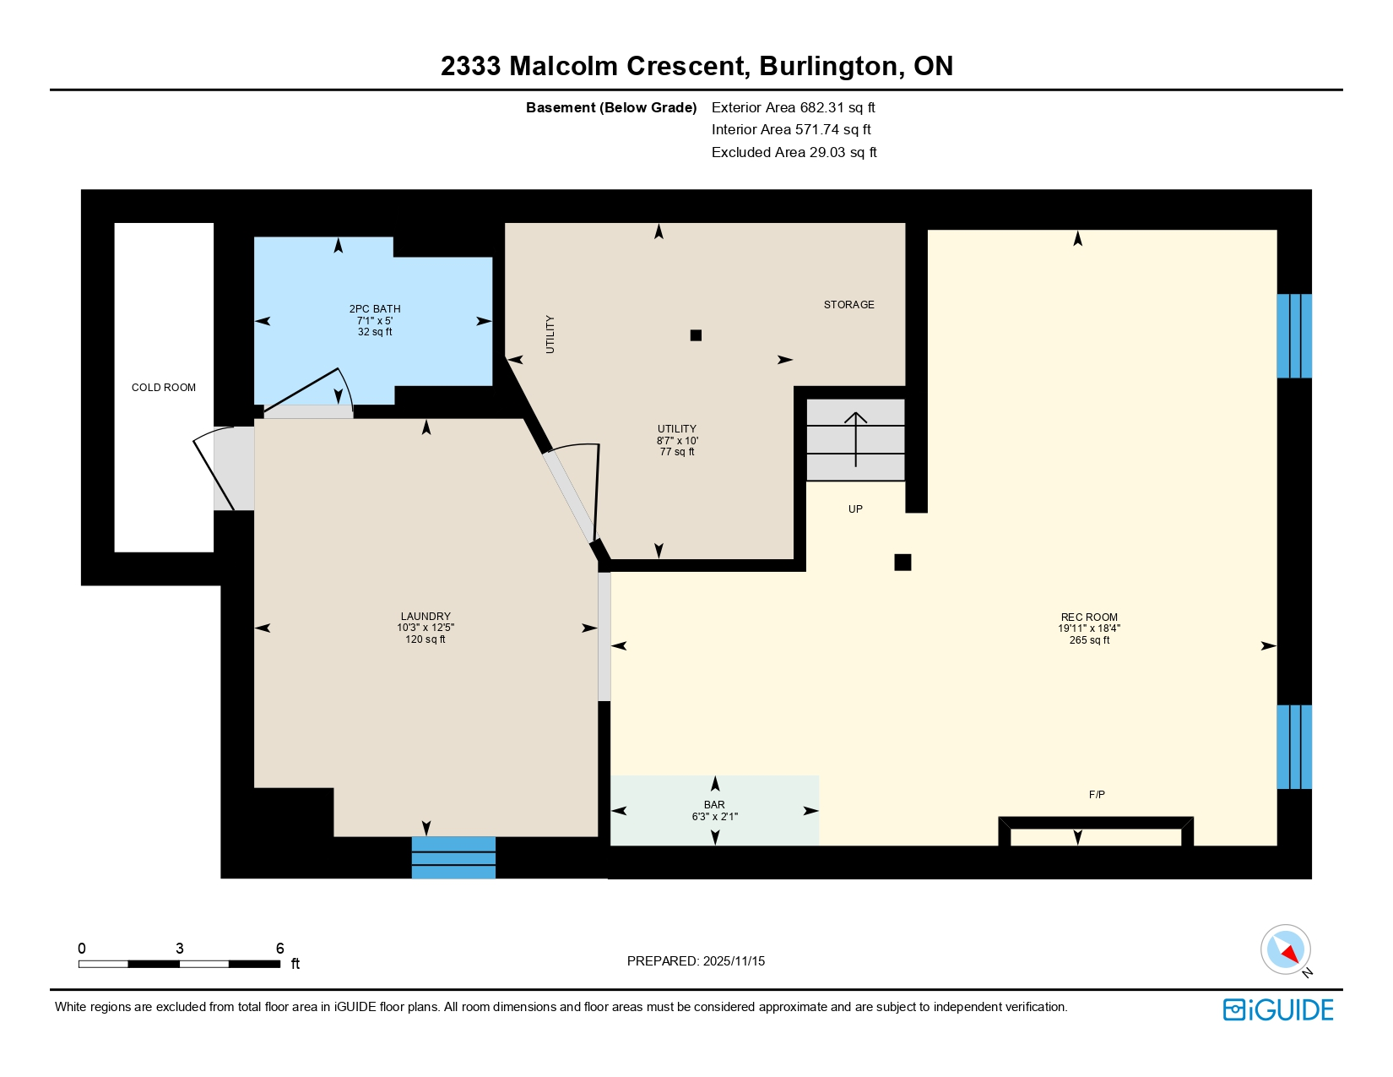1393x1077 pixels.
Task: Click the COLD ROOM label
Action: coord(163,388)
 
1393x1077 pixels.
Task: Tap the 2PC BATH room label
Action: coord(375,309)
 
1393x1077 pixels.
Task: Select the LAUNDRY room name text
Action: coord(425,617)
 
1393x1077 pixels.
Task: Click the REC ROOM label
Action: coord(1089,617)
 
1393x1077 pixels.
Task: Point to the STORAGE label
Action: coord(848,305)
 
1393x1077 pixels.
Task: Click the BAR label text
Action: coord(714,805)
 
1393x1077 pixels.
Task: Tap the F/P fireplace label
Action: coord(1097,795)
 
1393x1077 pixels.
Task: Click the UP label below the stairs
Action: coord(855,509)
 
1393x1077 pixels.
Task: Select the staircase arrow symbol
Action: coord(856,438)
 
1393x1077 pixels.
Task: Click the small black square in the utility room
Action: coord(696,335)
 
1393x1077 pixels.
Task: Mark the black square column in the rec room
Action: coord(902,563)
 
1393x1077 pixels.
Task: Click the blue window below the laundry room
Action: coord(453,857)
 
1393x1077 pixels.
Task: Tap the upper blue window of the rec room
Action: coord(1293,335)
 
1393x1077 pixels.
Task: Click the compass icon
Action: coord(1285,949)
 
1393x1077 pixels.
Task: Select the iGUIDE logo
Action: coord(1278,1010)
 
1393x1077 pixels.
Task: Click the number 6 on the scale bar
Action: coord(279,949)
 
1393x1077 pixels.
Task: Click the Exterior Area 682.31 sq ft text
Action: coord(793,107)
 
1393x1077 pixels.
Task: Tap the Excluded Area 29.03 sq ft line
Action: coord(794,153)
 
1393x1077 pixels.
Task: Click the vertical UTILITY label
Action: coord(550,335)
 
